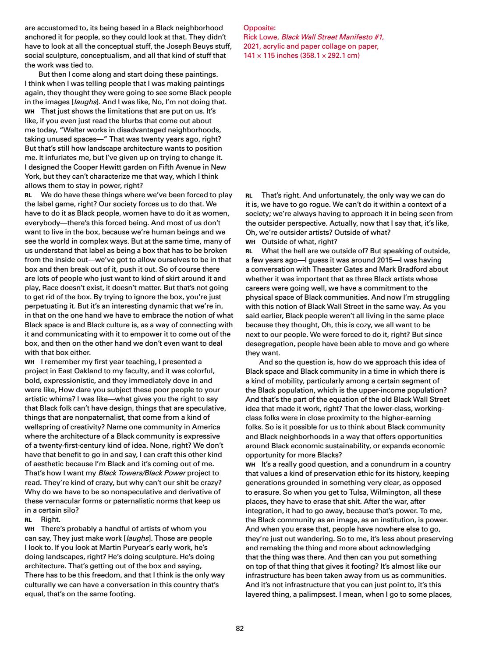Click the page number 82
[x=239, y=628]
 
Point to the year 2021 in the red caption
[x=251, y=46]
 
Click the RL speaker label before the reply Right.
[x=28, y=520]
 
